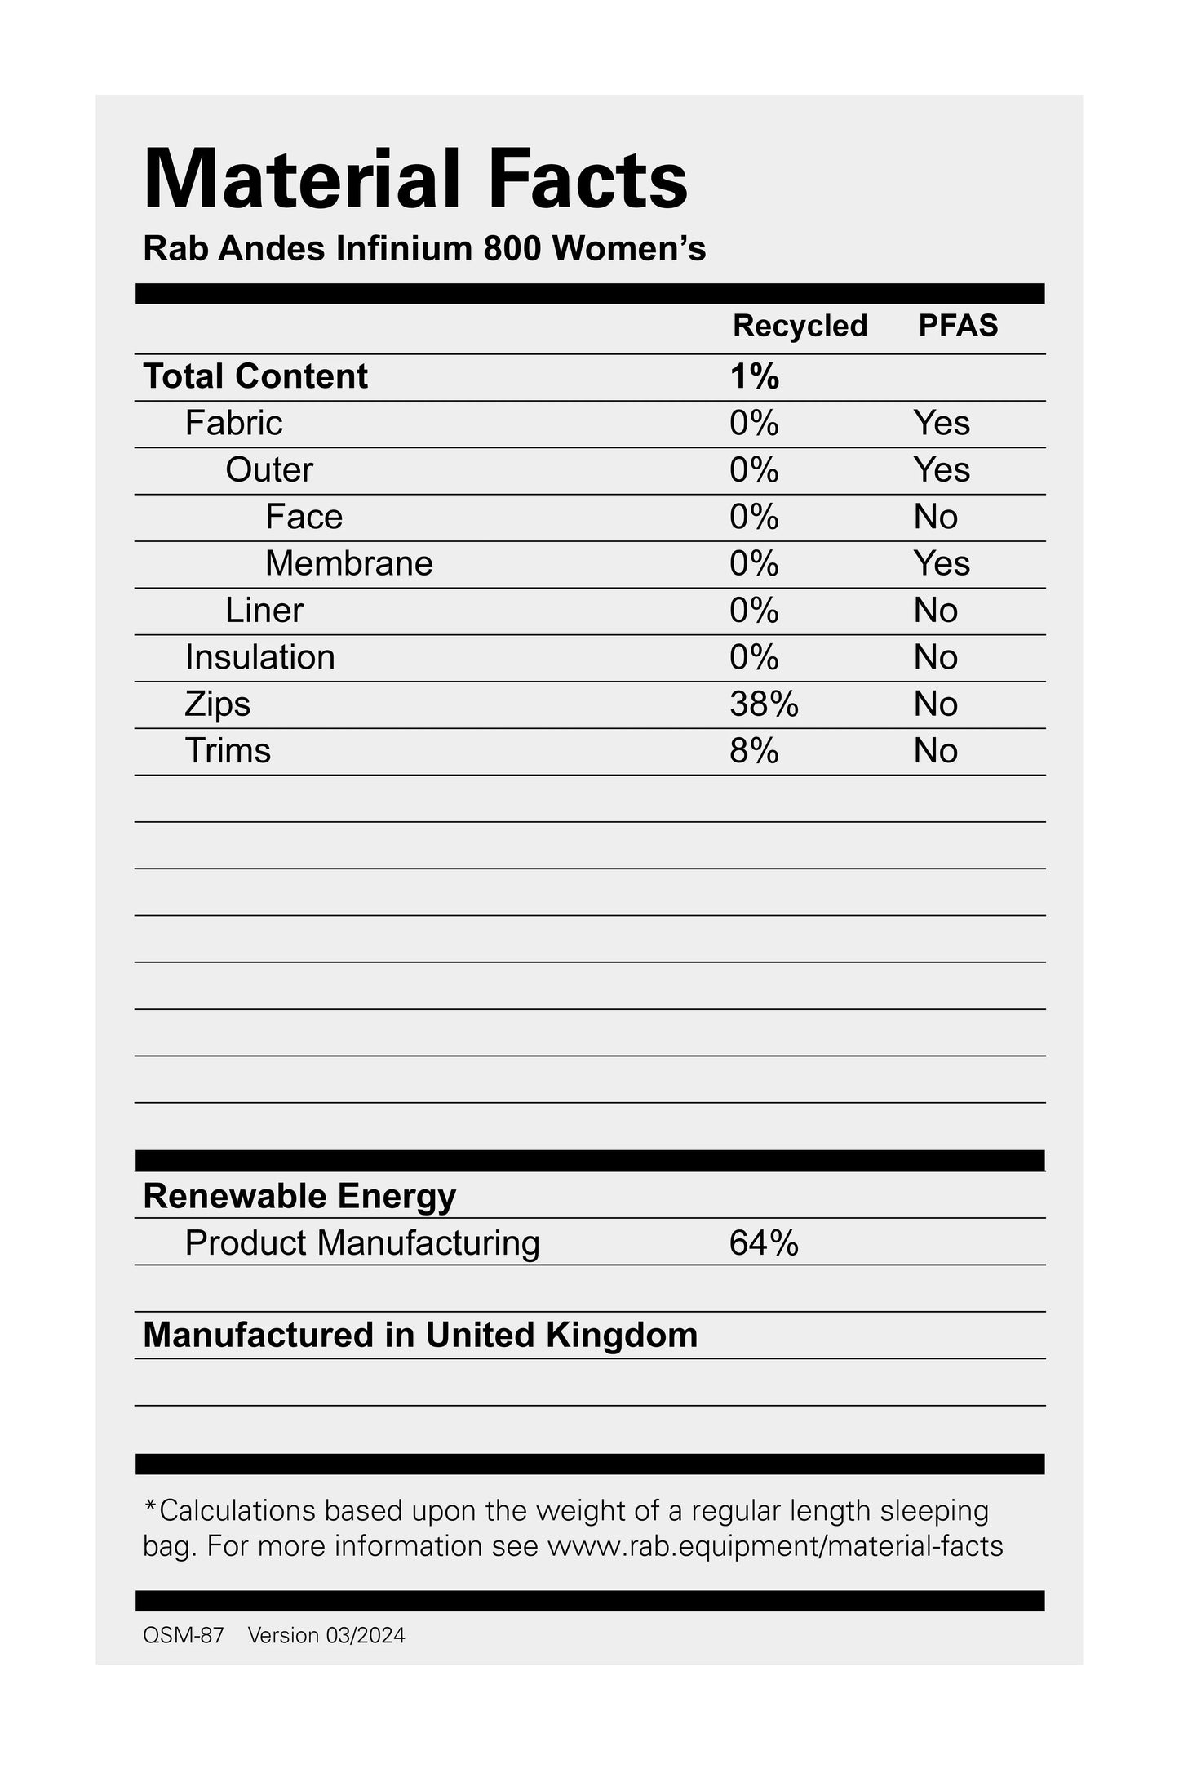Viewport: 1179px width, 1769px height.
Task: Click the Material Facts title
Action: tap(415, 180)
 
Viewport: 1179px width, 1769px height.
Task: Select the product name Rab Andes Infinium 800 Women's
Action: tap(424, 249)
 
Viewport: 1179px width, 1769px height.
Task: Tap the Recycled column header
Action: tap(800, 326)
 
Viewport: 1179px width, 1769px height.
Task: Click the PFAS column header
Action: tap(958, 326)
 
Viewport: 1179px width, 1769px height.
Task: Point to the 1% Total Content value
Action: tap(755, 376)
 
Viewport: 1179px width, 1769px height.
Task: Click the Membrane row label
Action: tap(348, 563)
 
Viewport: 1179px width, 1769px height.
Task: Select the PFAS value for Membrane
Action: tap(942, 563)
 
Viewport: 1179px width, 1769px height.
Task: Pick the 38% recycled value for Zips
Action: tap(764, 704)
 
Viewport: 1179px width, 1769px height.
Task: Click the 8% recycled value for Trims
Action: tap(754, 751)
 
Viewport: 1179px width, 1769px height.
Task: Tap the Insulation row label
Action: tap(259, 657)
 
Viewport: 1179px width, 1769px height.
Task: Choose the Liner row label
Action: tap(264, 611)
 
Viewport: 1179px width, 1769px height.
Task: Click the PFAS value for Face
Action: tap(935, 517)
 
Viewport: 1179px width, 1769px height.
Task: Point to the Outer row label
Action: tap(268, 470)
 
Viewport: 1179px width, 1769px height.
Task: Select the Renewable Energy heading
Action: tap(299, 1196)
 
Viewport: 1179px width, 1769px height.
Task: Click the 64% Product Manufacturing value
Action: tap(764, 1243)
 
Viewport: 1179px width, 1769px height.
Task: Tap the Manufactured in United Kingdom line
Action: tap(420, 1336)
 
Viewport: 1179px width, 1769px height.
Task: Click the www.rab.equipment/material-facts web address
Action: tap(774, 1546)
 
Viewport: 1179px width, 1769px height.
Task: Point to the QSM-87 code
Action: tap(183, 1636)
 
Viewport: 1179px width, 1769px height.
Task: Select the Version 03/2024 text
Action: tap(326, 1636)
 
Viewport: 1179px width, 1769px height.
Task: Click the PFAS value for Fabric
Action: tap(942, 423)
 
